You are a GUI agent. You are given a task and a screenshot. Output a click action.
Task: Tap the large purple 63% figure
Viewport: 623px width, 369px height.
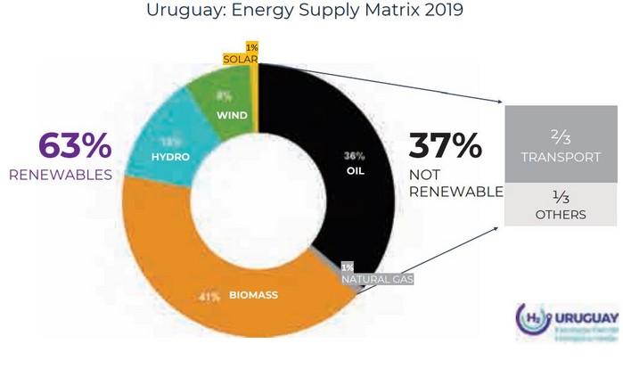(75, 147)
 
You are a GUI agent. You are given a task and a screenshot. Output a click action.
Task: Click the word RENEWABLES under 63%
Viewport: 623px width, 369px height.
(60, 175)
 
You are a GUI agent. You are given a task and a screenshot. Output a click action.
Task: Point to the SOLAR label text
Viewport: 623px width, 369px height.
(240, 59)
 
